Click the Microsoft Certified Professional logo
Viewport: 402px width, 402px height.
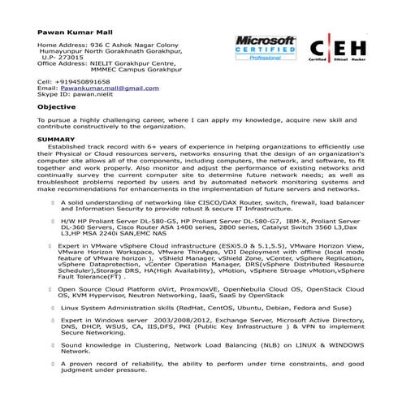coord(265,49)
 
